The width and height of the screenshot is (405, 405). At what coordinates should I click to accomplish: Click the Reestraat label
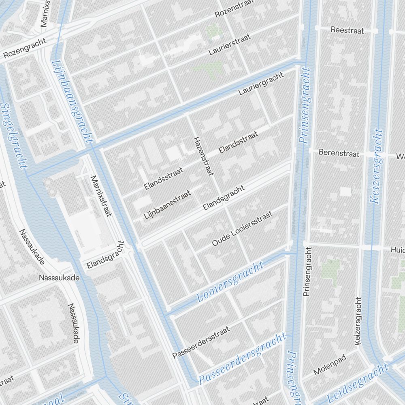point(347,30)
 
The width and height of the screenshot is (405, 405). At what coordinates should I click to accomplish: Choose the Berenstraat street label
point(339,153)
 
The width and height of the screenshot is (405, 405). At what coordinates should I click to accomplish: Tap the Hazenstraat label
point(203,156)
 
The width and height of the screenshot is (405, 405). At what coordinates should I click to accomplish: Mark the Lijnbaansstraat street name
point(167,205)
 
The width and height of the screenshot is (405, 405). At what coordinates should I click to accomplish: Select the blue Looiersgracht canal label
point(230,282)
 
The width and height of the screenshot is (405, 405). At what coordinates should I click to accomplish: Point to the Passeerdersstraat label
point(201,343)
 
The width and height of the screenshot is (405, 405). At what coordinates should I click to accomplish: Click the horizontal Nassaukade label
point(59,278)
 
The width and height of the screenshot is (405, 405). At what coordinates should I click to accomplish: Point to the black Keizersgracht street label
point(358,321)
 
